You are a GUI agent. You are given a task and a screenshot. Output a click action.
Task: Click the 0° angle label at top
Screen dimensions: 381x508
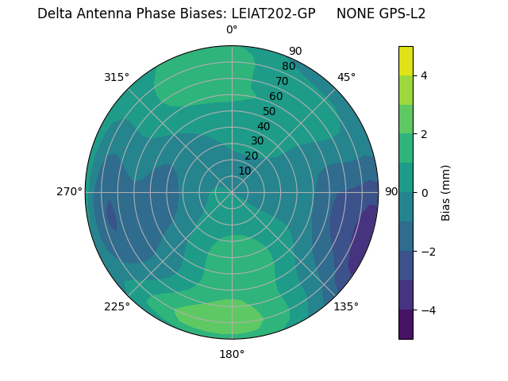[x=232, y=30]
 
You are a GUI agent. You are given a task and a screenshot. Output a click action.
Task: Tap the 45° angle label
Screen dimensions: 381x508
[x=346, y=77]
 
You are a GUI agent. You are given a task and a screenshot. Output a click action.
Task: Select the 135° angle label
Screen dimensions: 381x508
[x=346, y=306]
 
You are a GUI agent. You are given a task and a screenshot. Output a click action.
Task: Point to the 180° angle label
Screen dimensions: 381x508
[x=232, y=354]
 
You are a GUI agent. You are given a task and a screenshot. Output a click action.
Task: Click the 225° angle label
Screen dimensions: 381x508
[x=117, y=307]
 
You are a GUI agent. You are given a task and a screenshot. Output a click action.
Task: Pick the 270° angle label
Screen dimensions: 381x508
[x=69, y=191]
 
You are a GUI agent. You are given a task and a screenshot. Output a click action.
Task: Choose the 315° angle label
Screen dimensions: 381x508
[x=117, y=77]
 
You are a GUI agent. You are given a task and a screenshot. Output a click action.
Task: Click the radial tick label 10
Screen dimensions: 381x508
[x=244, y=171]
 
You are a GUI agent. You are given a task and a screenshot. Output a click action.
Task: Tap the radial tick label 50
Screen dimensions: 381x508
[x=270, y=111]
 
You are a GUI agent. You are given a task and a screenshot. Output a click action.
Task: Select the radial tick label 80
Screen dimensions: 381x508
[x=288, y=67]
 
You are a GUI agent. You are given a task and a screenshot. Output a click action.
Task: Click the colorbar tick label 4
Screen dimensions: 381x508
[x=425, y=75]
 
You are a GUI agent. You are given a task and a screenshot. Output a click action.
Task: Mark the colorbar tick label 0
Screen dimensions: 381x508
[x=425, y=192]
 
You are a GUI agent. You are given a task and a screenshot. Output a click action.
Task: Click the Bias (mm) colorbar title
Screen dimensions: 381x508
[x=446, y=192]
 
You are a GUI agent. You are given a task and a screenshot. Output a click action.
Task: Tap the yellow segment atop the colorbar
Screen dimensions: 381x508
[x=406, y=60]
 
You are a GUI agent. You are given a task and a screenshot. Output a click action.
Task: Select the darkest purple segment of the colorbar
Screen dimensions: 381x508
[x=406, y=324]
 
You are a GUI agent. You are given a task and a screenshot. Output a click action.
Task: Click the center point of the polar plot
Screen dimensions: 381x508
[x=232, y=192]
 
